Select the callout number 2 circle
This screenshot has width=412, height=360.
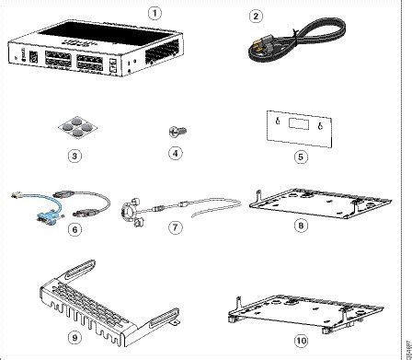[257, 14]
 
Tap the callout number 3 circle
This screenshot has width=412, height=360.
[74, 156]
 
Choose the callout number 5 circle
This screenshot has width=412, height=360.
[302, 156]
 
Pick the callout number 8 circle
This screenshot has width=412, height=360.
[302, 226]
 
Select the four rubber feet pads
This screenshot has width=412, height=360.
[75, 126]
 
